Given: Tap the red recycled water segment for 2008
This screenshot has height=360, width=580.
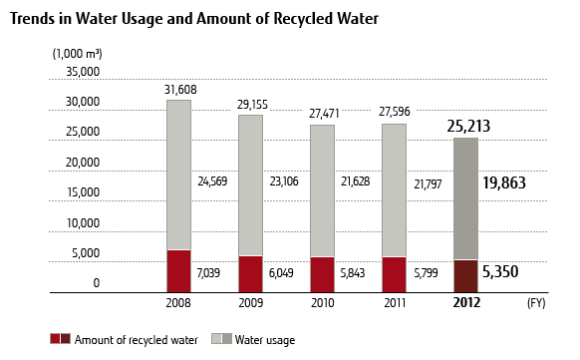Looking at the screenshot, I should click(x=178, y=270).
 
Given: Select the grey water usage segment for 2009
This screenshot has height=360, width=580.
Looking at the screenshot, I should click(x=250, y=185).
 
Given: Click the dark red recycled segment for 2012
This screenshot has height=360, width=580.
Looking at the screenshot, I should click(x=465, y=275).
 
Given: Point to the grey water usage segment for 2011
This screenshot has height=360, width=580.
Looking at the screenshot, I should click(x=394, y=190).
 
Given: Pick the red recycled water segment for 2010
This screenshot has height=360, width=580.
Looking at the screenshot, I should click(x=322, y=274).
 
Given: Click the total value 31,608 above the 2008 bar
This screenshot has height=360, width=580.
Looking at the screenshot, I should click(x=179, y=89).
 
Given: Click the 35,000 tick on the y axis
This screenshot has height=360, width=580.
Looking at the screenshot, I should click(x=83, y=72).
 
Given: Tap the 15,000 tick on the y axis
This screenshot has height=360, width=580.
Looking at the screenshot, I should click(x=83, y=192).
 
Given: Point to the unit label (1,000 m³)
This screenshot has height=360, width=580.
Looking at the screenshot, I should click(x=78, y=52).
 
